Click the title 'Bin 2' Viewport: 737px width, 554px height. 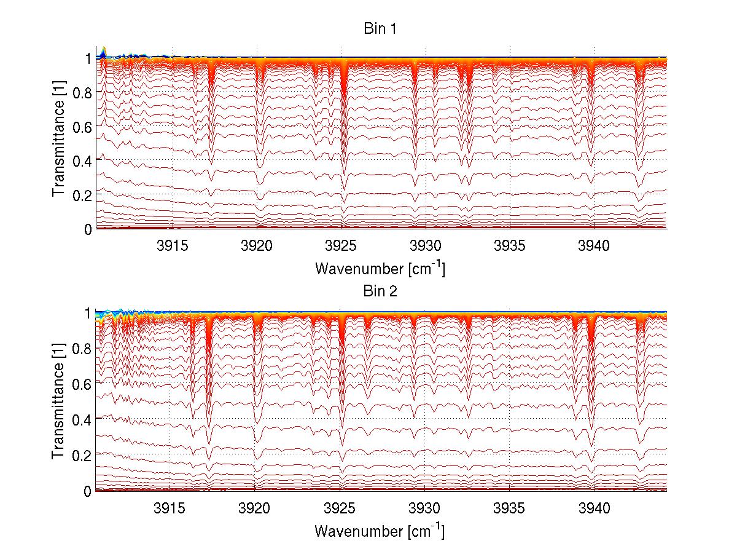point(381,291)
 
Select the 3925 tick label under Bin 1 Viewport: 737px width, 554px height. point(341,247)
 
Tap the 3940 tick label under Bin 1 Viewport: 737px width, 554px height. point(594,247)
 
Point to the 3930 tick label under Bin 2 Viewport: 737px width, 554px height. point(425,508)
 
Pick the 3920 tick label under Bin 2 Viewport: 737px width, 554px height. point(254,508)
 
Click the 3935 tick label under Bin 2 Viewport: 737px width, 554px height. point(510,508)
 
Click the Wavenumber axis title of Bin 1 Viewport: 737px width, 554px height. point(380,268)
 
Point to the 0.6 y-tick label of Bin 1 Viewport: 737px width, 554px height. point(82,126)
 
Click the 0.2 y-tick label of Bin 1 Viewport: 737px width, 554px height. point(82,195)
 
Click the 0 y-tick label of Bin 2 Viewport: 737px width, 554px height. point(88,491)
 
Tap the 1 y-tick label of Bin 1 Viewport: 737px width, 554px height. point(88,58)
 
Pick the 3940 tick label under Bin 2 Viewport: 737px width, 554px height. point(594,508)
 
